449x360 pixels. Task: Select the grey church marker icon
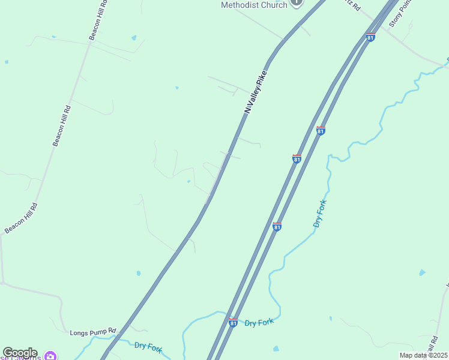coord(297,2)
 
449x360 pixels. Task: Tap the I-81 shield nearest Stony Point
coord(370,37)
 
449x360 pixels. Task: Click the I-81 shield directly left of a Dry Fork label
coord(233,322)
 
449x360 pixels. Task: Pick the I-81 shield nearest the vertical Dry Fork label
coord(277,226)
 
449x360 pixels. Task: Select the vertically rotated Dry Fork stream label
coord(319,213)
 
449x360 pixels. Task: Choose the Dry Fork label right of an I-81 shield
coord(259,323)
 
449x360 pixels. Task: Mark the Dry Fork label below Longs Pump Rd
coord(149,346)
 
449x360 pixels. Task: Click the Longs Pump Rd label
coord(92,332)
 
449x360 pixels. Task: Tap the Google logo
coord(19,353)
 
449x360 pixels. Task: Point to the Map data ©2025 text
coord(423,355)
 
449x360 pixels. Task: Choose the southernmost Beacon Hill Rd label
coord(21,218)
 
